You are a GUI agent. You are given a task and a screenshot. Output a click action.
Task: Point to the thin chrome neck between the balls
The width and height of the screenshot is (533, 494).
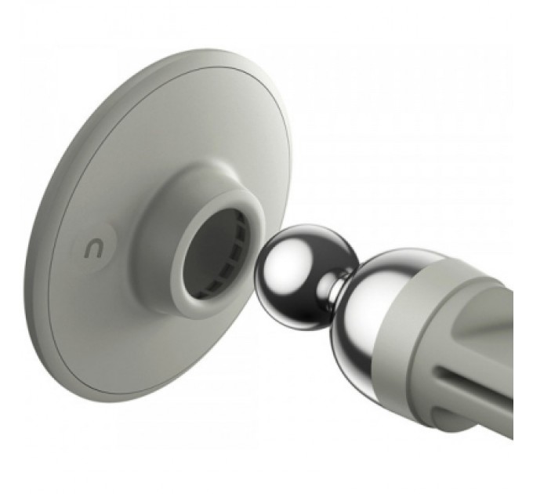coord(335,290)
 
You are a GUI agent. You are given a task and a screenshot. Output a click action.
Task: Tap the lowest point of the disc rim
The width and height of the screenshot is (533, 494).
coord(118,402)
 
